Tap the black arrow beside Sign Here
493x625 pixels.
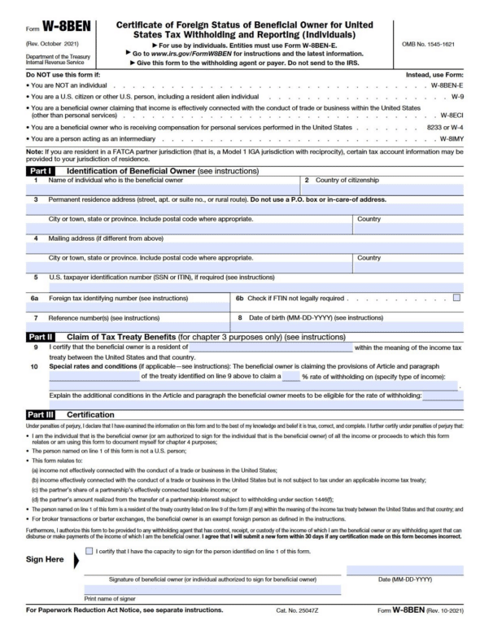76,561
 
